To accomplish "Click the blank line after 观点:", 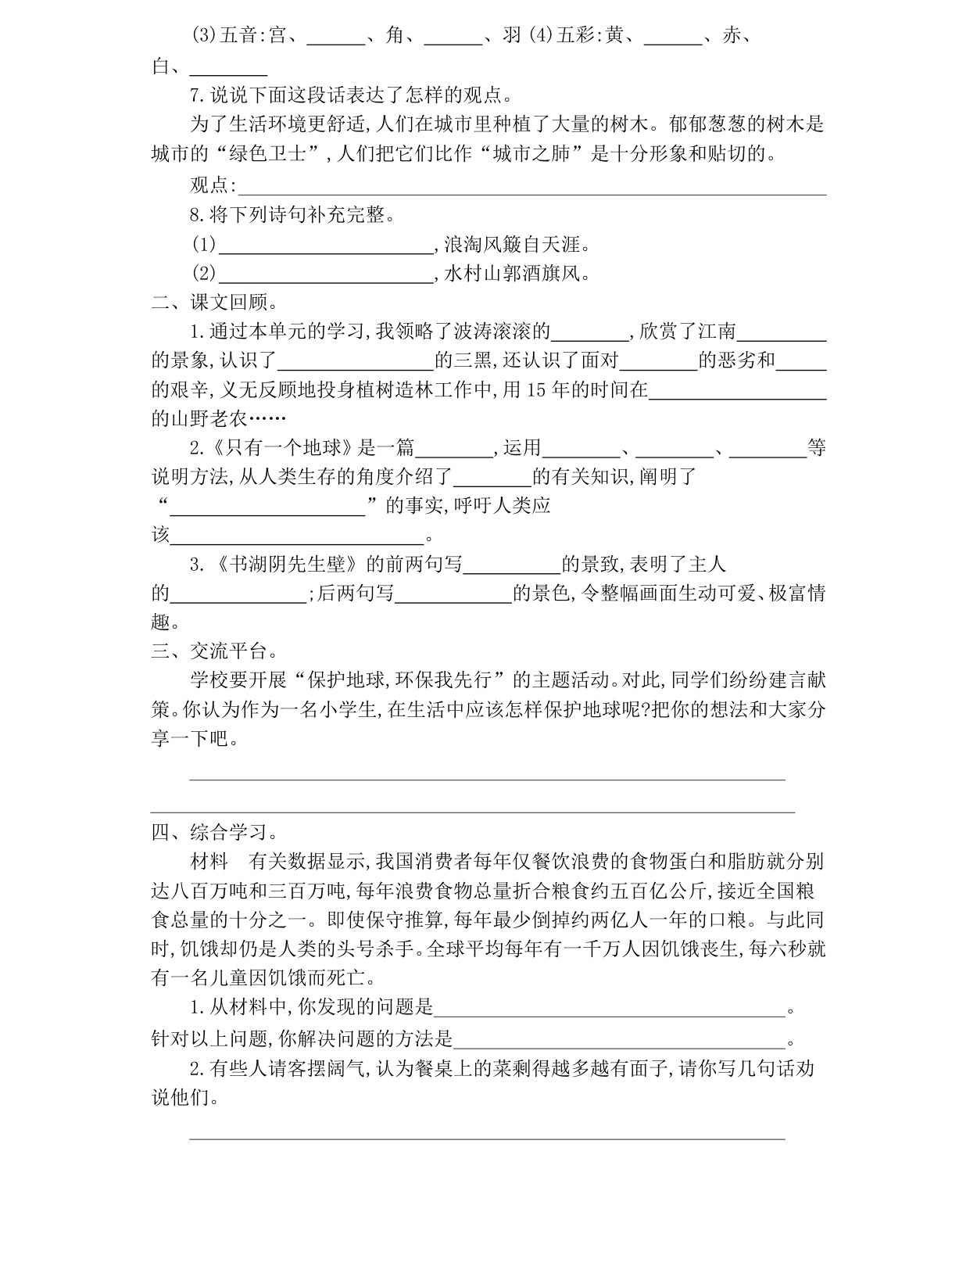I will point(531,186).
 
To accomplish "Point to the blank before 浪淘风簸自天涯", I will point(326,246).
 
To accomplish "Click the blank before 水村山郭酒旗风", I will point(326,274).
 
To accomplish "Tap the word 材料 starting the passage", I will point(209,862).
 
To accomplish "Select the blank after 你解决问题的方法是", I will point(619,1039).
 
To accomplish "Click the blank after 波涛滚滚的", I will point(590,332).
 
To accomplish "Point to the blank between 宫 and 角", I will point(336,38).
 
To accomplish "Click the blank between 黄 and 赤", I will point(675,38).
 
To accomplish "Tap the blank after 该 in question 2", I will point(296,536).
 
